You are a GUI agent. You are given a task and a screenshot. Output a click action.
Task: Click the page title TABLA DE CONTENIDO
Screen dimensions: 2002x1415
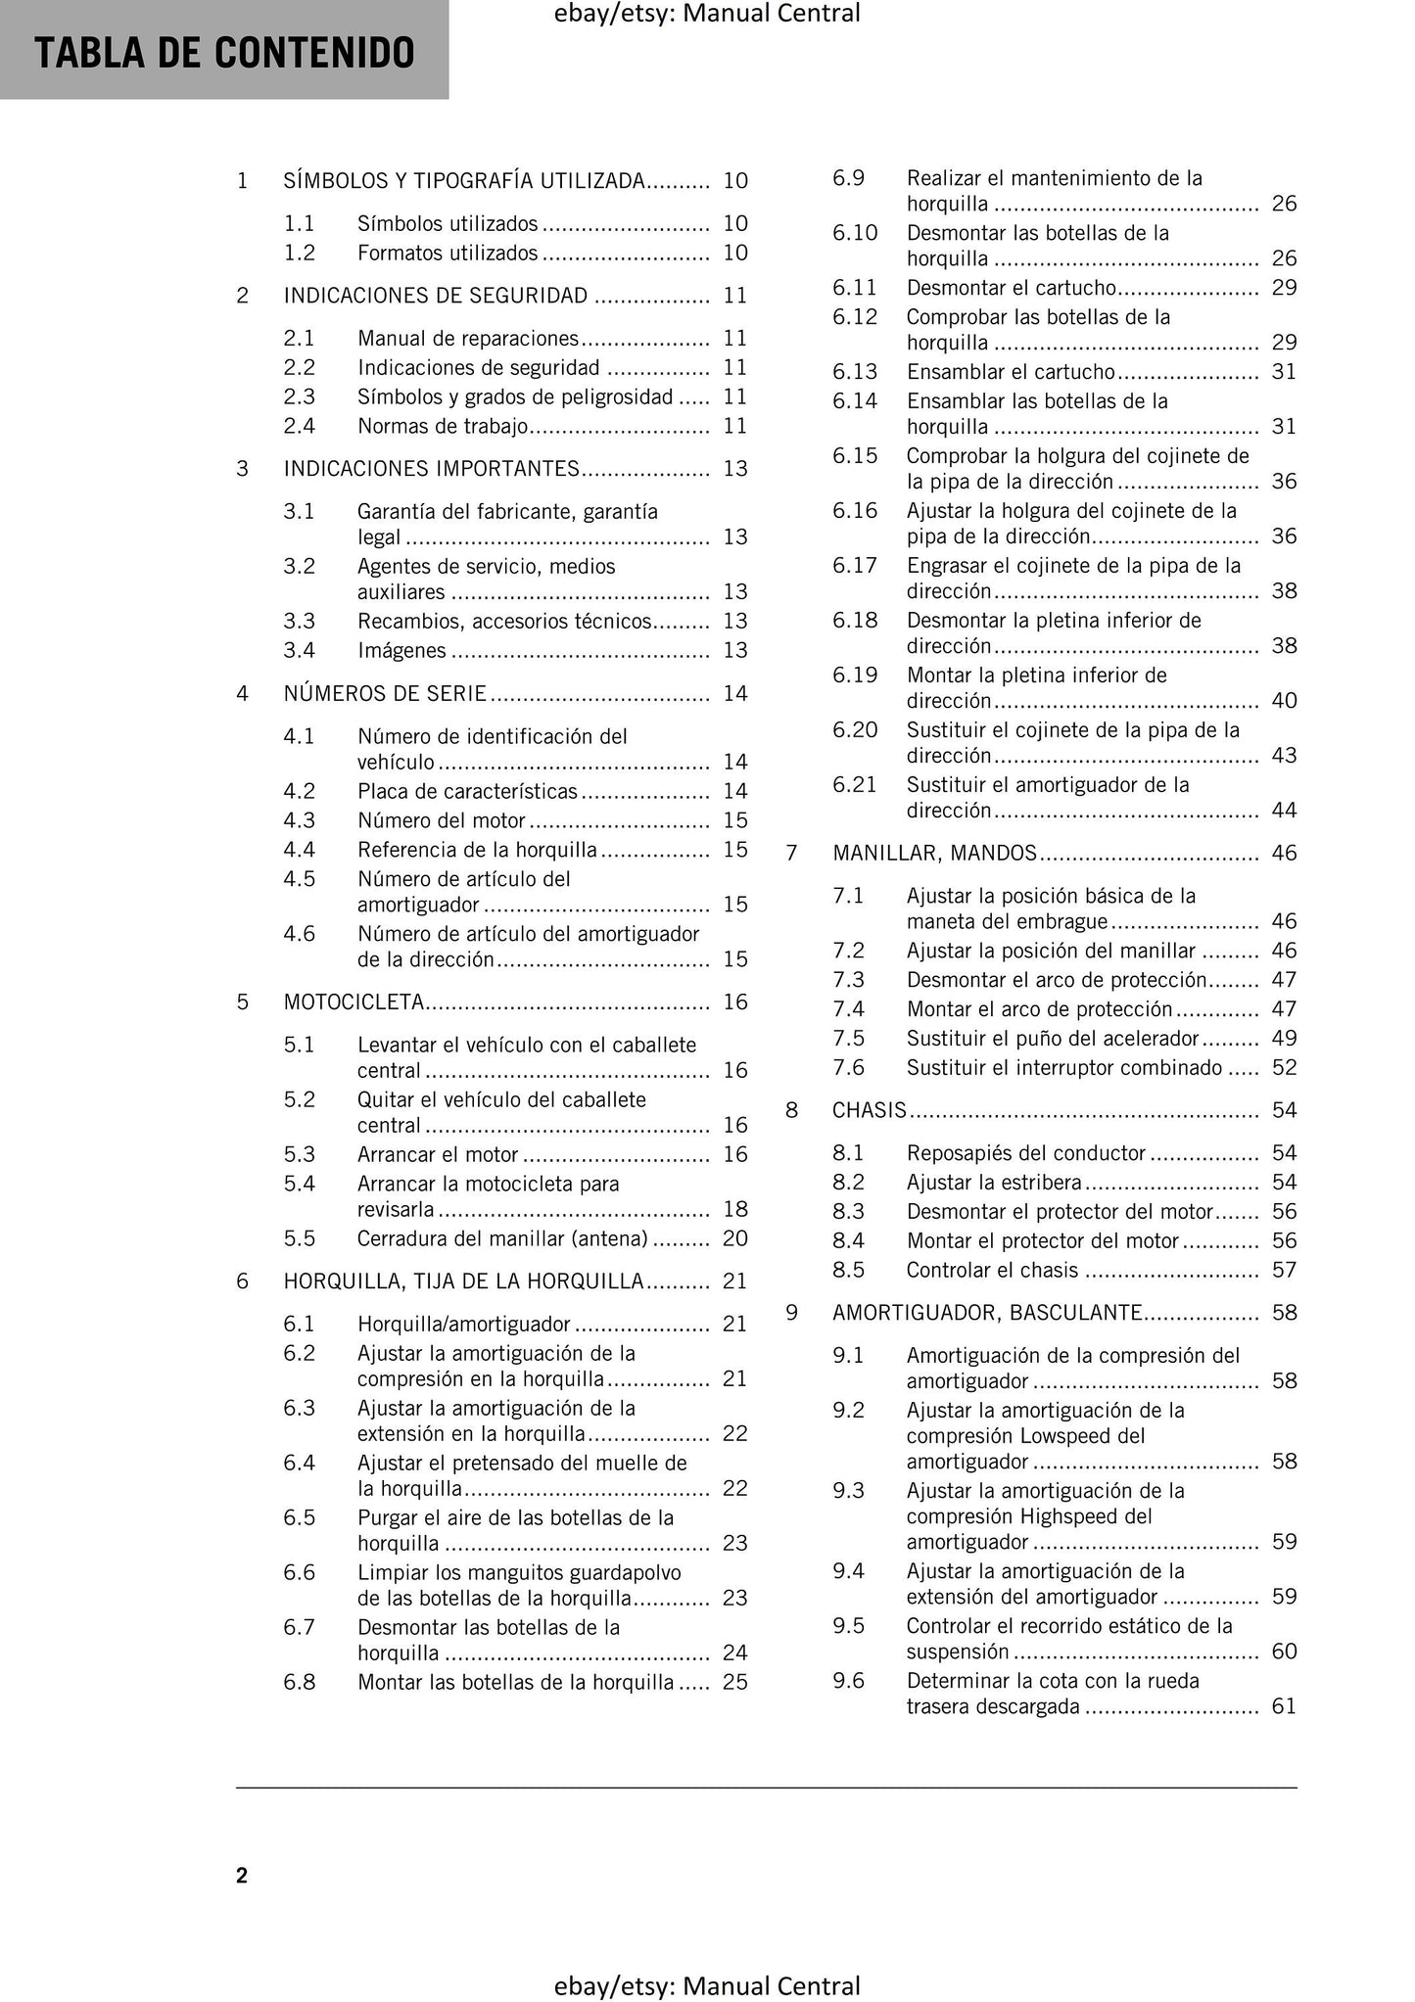(x=224, y=53)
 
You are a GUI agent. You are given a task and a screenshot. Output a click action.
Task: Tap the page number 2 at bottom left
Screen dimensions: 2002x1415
(x=242, y=1875)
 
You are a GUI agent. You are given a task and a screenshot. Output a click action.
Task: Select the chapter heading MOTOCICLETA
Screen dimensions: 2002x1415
(x=354, y=1001)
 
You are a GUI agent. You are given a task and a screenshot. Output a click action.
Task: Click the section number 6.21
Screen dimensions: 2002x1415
(x=855, y=784)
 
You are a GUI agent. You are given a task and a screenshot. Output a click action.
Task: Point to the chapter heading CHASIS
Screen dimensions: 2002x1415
(x=870, y=1109)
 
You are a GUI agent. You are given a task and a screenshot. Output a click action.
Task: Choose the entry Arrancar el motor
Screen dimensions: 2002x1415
(x=438, y=1154)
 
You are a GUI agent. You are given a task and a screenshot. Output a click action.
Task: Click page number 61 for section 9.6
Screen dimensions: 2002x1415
(x=1284, y=1706)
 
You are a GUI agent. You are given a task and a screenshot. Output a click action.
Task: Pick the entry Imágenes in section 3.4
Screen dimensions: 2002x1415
(x=401, y=650)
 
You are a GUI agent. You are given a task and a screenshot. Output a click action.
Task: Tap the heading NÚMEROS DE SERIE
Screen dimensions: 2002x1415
(x=385, y=693)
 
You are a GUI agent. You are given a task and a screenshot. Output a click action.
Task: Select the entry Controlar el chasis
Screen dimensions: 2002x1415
(x=992, y=1270)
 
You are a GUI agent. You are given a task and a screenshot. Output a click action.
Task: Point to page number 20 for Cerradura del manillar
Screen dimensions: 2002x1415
(x=734, y=1238)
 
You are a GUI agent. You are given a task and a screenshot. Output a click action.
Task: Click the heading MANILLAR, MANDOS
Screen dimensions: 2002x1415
(x=934, y=853)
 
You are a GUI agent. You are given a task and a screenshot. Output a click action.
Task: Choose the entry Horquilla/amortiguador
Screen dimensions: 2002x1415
(x=463, y=1324)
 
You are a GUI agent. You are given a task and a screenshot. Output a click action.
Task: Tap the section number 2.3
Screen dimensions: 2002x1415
(x=299, y=396)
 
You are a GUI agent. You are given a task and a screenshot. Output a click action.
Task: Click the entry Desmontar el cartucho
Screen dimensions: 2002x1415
(x=1011, y=288)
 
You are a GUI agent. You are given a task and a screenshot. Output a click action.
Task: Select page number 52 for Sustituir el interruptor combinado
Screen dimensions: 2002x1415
(x=1284, y=1067)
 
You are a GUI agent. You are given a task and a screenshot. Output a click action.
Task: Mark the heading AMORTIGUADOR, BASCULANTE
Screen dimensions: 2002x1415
(x=987, y=1313)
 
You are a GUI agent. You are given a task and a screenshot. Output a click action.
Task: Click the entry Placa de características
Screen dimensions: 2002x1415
(x=467, y=791)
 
